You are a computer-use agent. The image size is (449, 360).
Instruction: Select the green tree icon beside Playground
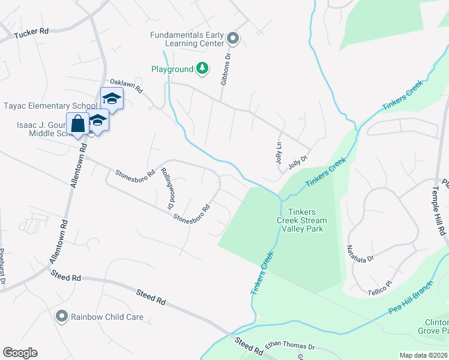pos(203,69)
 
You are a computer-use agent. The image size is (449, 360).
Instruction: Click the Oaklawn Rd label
pos(125,86)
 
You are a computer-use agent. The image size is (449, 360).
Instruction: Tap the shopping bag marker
pos(78,124)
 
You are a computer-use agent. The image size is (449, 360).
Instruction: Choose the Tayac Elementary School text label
pos(50,106)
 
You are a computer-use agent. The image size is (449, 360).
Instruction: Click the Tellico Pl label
pos(379,287)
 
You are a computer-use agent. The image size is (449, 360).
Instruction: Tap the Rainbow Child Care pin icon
pos(61,316)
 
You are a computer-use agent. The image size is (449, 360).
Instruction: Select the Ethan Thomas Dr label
pos(290,347)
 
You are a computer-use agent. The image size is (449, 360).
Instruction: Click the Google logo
pos(20,353)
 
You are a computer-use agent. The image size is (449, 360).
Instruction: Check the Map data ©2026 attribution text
pos(423,355)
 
